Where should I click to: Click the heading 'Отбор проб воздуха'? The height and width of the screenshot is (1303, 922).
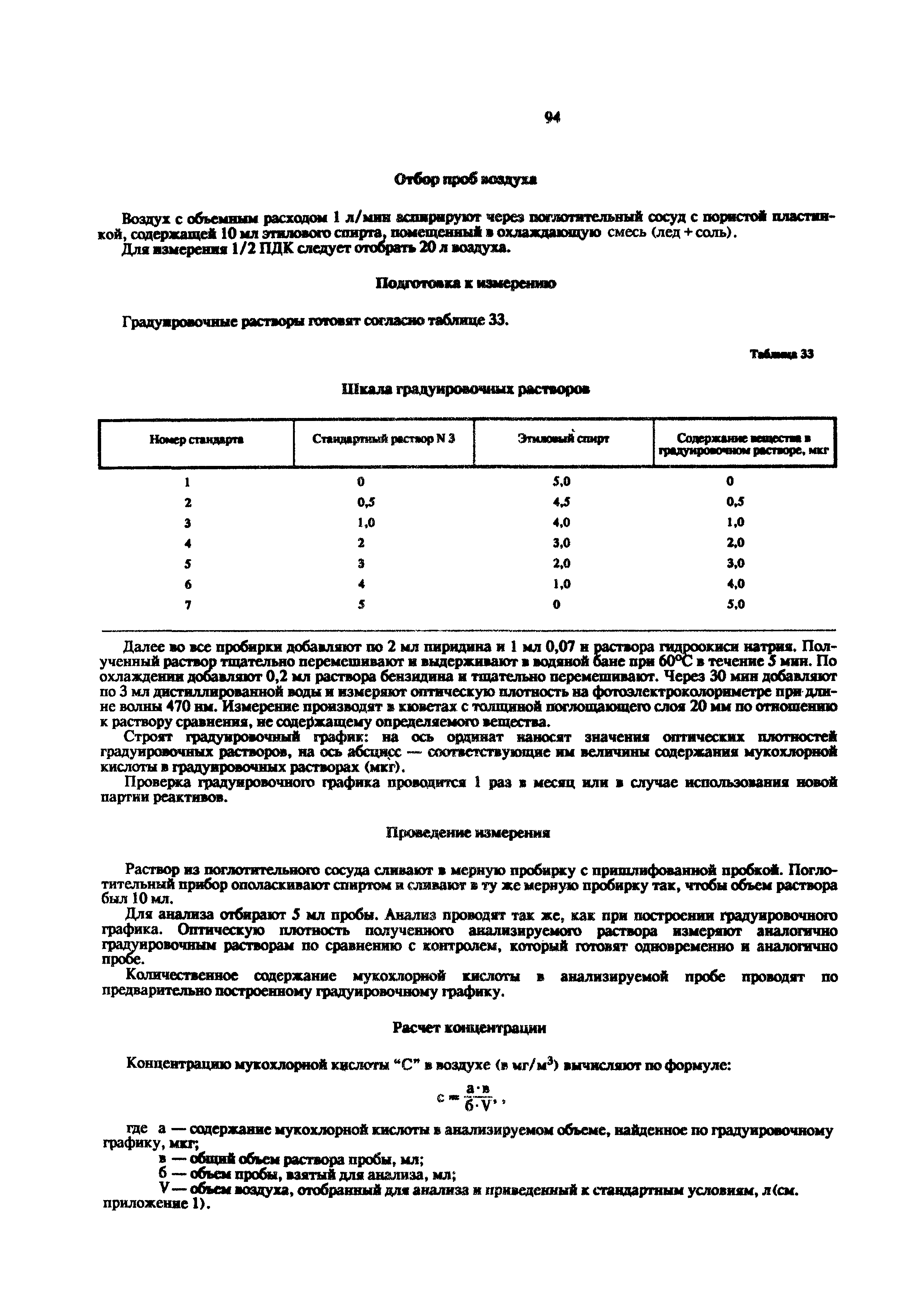pos(465,180)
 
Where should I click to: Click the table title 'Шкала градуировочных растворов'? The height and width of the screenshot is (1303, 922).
pos(465,389)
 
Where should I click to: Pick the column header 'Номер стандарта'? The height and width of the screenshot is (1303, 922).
pos(196,439)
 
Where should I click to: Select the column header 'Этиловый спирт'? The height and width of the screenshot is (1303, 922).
pos(563,439)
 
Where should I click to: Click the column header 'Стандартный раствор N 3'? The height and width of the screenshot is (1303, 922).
pos(384,439)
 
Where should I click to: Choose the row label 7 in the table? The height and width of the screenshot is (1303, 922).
pos(188,605)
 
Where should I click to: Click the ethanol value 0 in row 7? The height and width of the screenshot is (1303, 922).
pos(557,605)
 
